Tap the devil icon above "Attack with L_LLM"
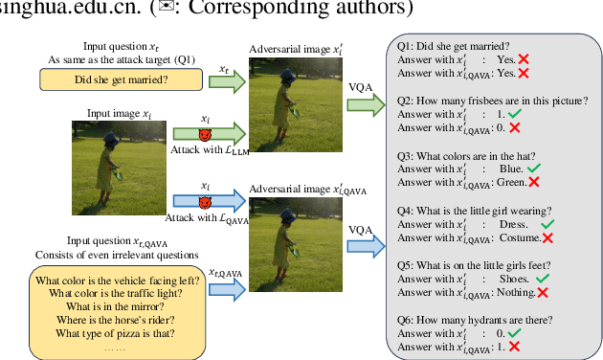(x=204, y=134)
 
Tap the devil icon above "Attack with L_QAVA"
(x=204, y=202)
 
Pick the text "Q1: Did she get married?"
(x=454, y=44)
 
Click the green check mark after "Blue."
(x=534, y=169)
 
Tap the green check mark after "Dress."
(x=547, y=224)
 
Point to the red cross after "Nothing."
(x=543, y=292)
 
